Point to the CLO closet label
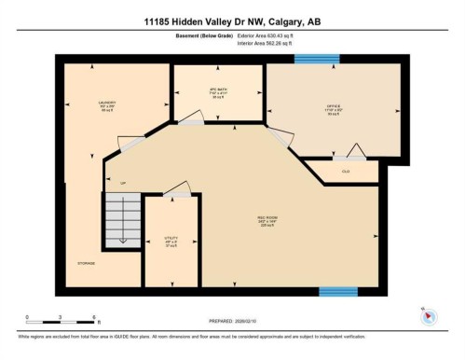[x=346, y=172]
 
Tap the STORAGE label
[x=86, y=263]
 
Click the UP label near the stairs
[x=121, y=183]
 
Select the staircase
[x=121, y=218]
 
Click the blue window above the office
[x=309, y=59]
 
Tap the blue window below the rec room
[x=338, y=292]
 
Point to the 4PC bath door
[x=191, y=118]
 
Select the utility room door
[x=176, y=192]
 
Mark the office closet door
[x=354, y=151]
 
